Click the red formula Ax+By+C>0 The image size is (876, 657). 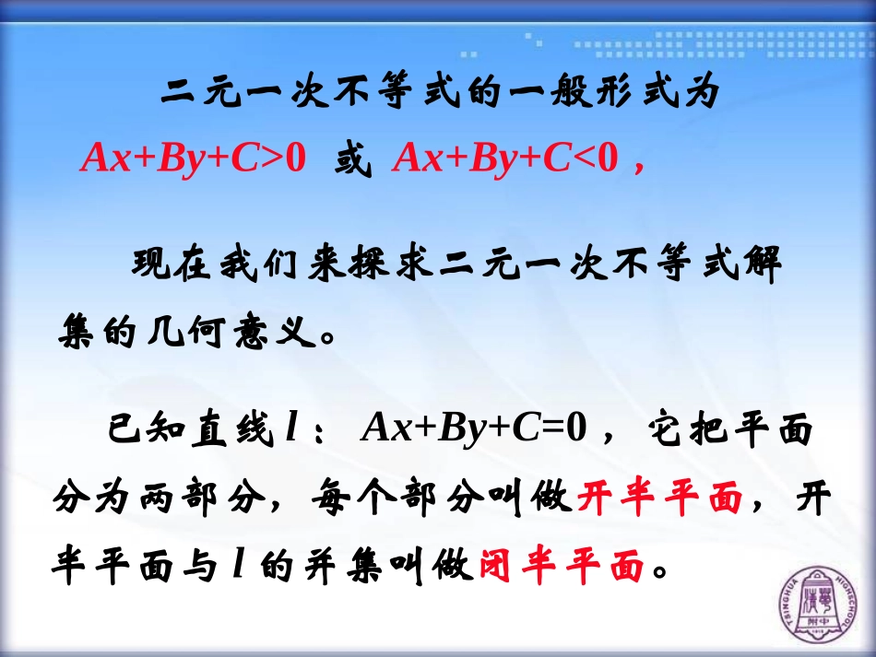pyautogui.click(x=193, y=158)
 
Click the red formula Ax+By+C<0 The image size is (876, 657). pyautogui.click(x=504, y=158)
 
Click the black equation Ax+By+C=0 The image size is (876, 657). pyautogui.click(x=476, y=428)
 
